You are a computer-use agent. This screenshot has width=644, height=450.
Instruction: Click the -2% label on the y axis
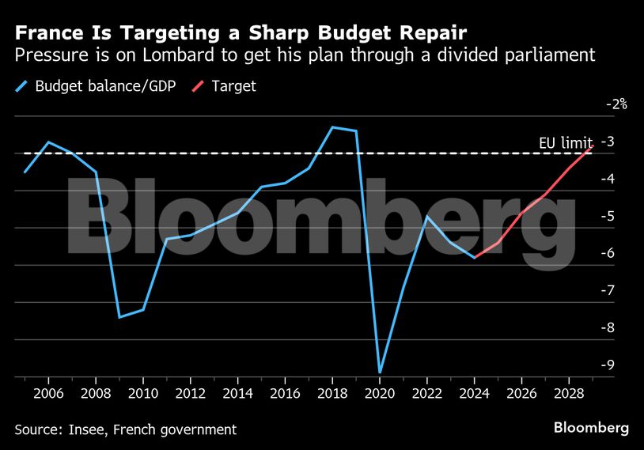pos(616,104)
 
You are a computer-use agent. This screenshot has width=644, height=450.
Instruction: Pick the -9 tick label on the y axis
pos(609,365)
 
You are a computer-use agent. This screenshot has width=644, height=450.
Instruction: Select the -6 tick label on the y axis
pos(609,253)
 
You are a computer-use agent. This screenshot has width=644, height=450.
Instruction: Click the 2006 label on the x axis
pos(48,393)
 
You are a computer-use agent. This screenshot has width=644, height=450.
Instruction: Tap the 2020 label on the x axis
pos(380,393)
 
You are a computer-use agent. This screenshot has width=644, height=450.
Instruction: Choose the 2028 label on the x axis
pos(569,393)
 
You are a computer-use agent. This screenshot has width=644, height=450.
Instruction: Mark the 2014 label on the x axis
pos(237,393)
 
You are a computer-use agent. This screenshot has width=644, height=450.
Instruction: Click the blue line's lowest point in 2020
pos(380,372)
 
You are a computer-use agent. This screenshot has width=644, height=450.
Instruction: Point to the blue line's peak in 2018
pos(332,127)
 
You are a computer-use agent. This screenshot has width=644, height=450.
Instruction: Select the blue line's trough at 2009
pos(119,317)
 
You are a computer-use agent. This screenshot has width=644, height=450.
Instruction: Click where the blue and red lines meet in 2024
pos(475,257)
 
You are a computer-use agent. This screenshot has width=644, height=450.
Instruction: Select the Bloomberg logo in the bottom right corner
pos(592,428)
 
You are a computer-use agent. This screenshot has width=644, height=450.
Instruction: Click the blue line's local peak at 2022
pos(427,216)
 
